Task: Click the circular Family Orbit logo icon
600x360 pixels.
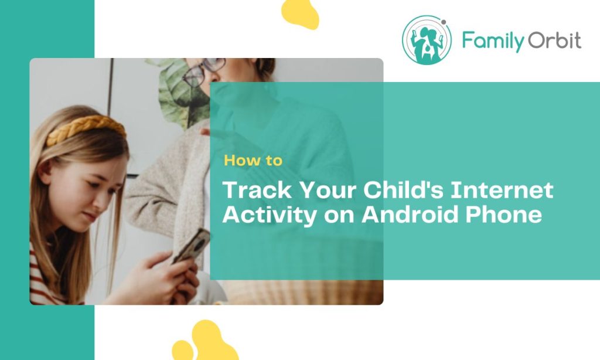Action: pos(427,39)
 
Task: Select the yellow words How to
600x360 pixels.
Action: pos(253,160)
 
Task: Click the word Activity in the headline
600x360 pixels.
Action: pos(269,215)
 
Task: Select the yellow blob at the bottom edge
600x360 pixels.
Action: pos(205,343)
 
